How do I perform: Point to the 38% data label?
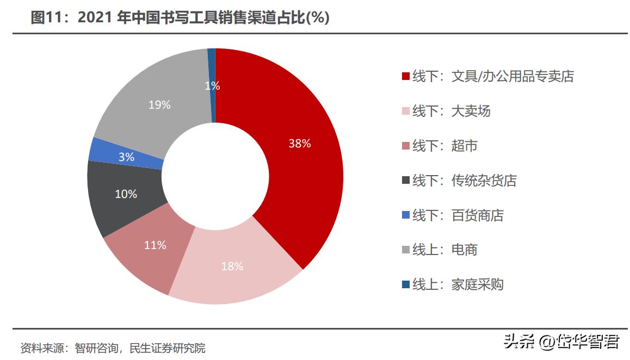300,144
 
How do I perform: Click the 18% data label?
232,266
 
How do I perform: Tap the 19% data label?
159,105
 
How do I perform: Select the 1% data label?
212,86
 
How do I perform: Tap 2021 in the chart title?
95,18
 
